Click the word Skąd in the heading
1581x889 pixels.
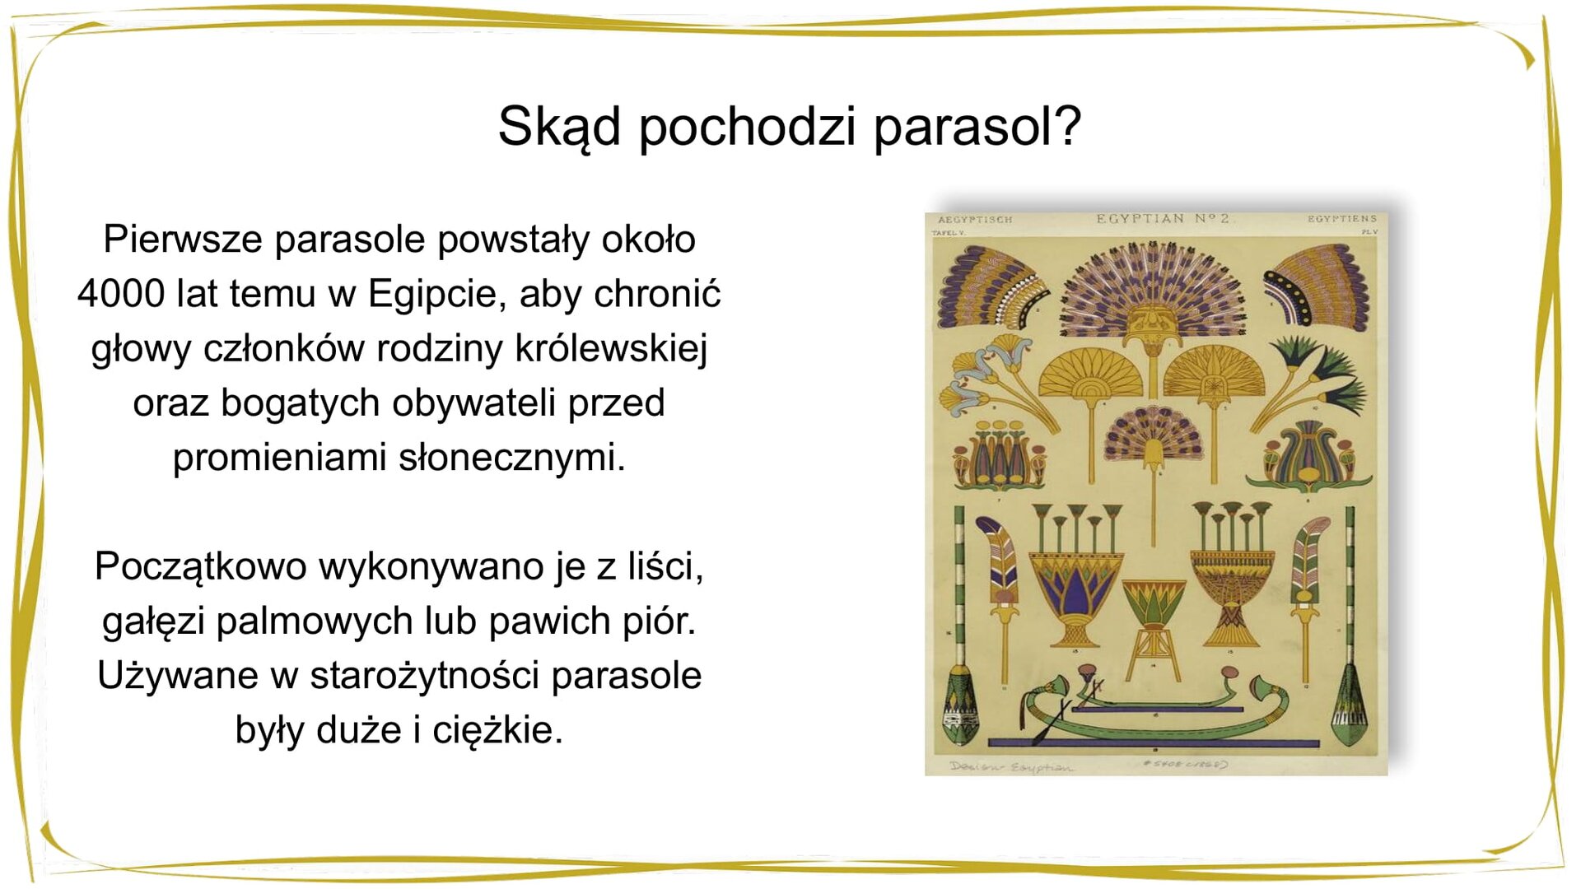559,128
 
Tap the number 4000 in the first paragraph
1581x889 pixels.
121,294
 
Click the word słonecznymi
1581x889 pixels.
511,458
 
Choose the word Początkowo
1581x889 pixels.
200,567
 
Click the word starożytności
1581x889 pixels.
424,676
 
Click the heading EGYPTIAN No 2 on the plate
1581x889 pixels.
1162,219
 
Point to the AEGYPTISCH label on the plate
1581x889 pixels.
975,221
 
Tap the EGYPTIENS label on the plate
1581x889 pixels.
1341,219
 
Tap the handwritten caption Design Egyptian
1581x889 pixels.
1011,767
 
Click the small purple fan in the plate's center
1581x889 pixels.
1153,436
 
